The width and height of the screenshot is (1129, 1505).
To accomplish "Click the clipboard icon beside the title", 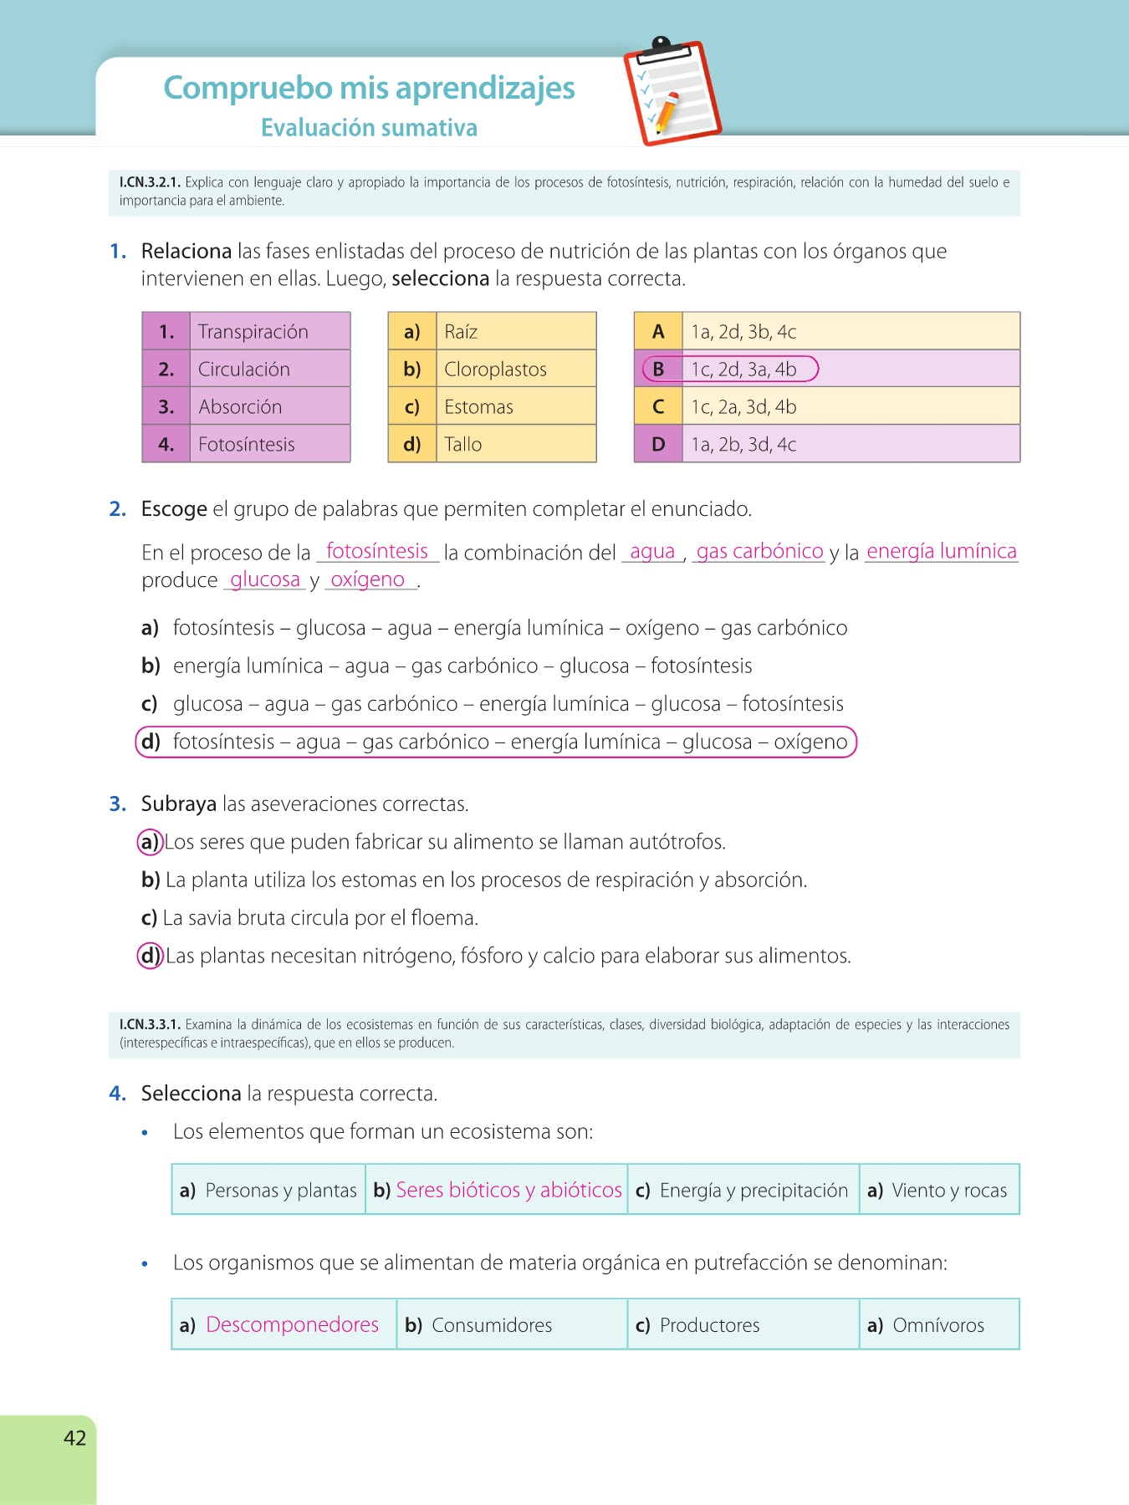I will (672, 92).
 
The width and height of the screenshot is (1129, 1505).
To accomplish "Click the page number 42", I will (74, 1437).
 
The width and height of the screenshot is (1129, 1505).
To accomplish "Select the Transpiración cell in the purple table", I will (253, 332).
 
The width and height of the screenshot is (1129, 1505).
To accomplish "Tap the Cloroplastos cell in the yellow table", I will (495, 370).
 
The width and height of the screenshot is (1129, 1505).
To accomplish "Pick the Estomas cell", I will (478, 407).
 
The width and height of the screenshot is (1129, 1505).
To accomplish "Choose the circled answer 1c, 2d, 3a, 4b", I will (743, 370).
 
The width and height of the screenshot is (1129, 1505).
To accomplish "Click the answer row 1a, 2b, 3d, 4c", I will (743, 445).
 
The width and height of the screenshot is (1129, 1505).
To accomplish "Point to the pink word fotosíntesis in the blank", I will (376, 551).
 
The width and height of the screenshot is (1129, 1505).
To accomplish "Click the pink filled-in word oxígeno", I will (368, 579).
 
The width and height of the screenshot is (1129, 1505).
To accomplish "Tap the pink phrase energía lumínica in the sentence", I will (941, 551).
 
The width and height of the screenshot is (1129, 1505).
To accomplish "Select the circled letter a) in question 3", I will (149, 842).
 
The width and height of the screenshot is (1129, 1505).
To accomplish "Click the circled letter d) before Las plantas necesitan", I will (150, 956).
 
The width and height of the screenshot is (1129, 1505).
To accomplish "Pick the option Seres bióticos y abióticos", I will (508, 1190).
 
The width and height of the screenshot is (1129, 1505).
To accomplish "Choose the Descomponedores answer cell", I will (292, 1325).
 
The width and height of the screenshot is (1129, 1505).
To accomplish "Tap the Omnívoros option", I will (937, 1325).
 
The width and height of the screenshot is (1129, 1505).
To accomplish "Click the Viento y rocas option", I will (948, 1190).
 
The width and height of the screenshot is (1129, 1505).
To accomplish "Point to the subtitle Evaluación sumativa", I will (369, 128).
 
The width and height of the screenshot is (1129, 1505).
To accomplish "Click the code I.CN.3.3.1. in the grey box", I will (150, 1024).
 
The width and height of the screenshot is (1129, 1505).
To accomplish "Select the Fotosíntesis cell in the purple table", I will (246, 445).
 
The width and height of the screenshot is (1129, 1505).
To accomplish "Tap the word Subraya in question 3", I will (179, 804).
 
